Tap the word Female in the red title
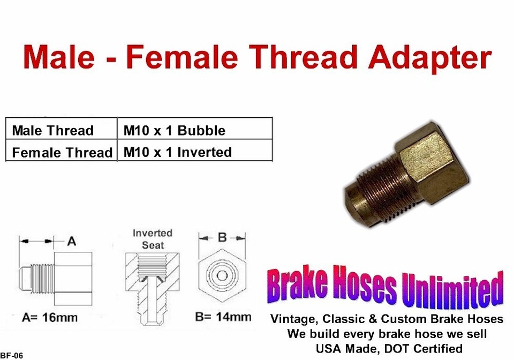tap(182, 56)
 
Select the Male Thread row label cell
tap(61, 128)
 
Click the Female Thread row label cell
tap(61, 150)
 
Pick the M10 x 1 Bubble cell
tap(195, 128)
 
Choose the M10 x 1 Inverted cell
tap(195, 150)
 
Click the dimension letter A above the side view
tap(71, 242)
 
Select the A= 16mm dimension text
tap(50, 317)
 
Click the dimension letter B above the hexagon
tap(222, 237)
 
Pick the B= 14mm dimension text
tap(223, 317)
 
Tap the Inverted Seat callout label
tap(153, 239)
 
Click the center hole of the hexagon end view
tap(222, 276)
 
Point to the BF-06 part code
tap(12, 356)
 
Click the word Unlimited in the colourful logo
tap(452, 289)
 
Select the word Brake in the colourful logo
tap(297, 283)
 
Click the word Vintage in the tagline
tap(293, 319)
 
